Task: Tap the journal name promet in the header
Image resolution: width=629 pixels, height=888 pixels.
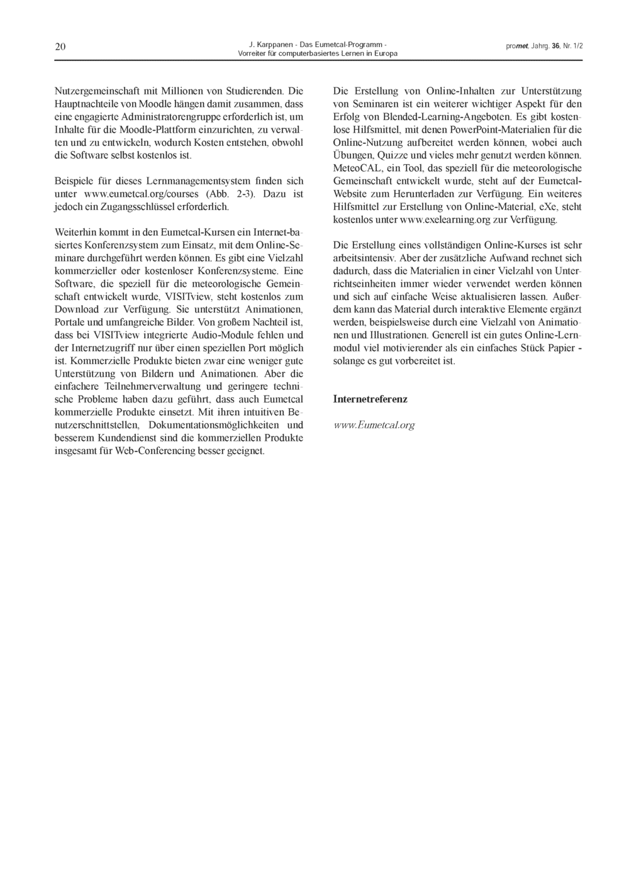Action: [x=516, y=47]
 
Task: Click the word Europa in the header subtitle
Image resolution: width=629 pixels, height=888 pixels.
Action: [x=385, y=53]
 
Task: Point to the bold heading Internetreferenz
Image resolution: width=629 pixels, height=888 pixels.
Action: [x=370, y=399]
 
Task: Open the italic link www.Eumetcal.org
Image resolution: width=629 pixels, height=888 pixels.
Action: [x=374, y=425]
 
